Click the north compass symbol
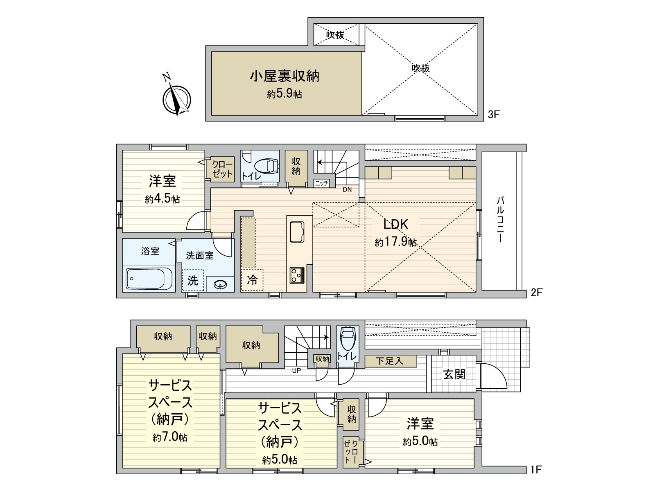pyautogui.click(x=176, y=99)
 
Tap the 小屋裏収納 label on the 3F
pyautogui.click(x=285, y=77)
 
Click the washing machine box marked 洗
pyautogui.click(x=193, y=280)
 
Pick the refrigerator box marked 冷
pyautogui.click(x=252, y=280)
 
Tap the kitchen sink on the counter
pyautogui.click(x=297, y=232)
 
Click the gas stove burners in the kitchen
pyautogui.click(x=297, y=275)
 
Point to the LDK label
pyautogui.click(x=395, y=224)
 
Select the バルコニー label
pyautogui.click(x=500, y=219)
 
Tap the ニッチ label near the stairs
pyautogui.click(x=322, y=183)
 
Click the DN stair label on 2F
pyautogui.click(x=347, y=190)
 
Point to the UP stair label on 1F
pyautogui.click(x=296, y=371)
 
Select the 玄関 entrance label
pyautogui.click(x=454, y=374)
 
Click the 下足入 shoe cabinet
pyautogui.click(x=390, y=361)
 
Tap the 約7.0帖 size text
pyautogui.click(x=170, y=437)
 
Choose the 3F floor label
pyautogui.click(x=494, y=115)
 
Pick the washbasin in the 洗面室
pyautogui.click(x=221, y=284)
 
